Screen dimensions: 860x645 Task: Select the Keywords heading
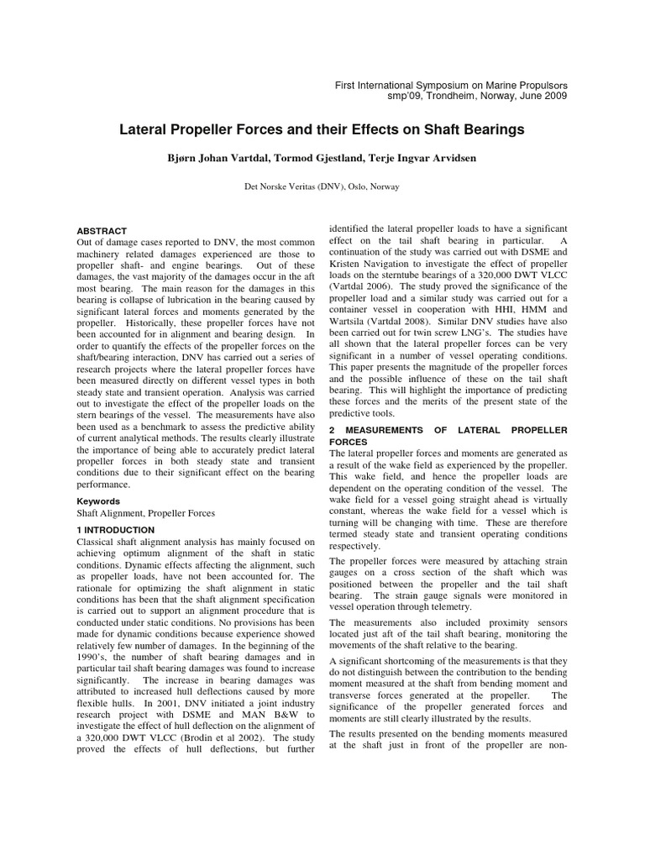point(98,501)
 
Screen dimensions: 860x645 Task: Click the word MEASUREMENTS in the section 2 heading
point(383,430)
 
